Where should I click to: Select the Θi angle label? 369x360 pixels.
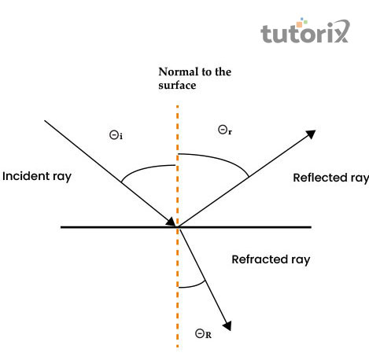(x=116, y=135)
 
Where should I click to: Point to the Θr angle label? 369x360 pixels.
(x=224, y=127)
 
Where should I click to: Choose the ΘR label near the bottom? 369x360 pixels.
(x=203, y=334)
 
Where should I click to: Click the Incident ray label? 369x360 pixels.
(x=37, y=175)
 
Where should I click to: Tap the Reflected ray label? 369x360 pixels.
(x=330, y=177)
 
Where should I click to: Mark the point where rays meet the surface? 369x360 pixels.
(x=179, y=227)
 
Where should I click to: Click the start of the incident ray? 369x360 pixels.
(x=45, y=120)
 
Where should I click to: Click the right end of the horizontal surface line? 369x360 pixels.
(x=311, y=227)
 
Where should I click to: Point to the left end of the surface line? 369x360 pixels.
(x=61, y=227)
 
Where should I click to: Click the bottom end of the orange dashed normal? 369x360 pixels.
(x=178, y=346)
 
